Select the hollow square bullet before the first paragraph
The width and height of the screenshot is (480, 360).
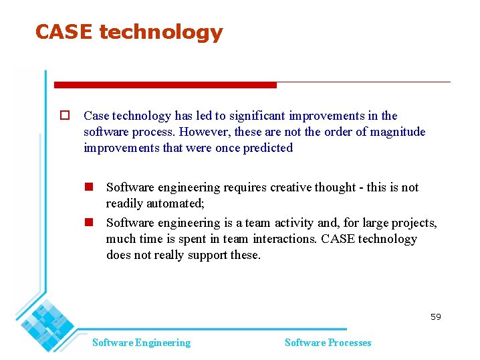point(65,116)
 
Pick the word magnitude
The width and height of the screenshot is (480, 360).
point(397,132)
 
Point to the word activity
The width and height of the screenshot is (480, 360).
point(289,223)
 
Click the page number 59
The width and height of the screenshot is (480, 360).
point(436,317)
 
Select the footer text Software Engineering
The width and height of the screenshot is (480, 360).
point(141,343)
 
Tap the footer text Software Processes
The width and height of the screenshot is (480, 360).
point(328,343)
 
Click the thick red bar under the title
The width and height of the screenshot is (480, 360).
point(165,85)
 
